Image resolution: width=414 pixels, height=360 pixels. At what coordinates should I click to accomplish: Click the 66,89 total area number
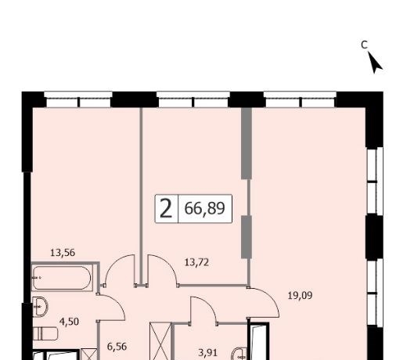204,208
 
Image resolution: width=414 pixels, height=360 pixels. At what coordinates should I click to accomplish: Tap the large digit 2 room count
166,209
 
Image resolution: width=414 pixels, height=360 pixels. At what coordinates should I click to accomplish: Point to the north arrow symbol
375,63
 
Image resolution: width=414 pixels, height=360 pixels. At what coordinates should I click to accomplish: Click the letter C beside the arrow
365,45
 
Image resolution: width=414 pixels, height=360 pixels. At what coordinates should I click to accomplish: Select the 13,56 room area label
63,253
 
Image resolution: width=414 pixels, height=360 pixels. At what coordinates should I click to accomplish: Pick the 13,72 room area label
196,262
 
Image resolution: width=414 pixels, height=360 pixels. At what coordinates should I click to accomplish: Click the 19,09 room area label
300,296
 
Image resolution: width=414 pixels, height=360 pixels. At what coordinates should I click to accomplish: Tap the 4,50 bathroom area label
69,322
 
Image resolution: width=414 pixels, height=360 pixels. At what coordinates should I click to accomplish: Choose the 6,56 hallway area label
117,347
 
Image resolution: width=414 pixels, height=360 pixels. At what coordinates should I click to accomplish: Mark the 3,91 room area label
208,353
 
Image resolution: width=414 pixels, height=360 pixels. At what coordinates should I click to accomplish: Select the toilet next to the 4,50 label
45,333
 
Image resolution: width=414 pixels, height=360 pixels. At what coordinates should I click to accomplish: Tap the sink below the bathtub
40,306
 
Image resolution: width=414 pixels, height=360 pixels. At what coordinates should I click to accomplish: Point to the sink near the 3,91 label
239,354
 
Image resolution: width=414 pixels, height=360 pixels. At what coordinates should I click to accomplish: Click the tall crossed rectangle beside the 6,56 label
160,341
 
